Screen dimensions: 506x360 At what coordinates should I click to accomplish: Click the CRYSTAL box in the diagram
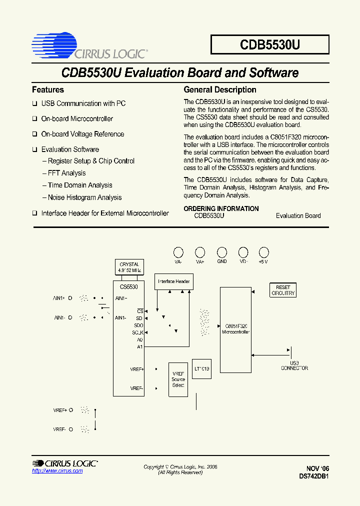[x=129, y=267]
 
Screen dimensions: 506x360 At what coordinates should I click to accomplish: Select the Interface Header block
[x=174, y=281]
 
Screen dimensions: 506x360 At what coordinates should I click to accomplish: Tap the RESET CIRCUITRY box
[x=283, y=290]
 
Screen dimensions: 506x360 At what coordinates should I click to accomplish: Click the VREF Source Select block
[x=178, y=379]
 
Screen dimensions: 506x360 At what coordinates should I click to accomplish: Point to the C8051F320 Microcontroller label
[x=236, y=328]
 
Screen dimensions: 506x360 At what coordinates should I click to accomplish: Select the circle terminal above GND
[x=221, y=252]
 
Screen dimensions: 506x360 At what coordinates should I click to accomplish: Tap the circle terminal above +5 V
[x=263, y=252]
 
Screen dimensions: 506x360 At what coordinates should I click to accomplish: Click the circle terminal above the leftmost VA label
[x=178, y=252]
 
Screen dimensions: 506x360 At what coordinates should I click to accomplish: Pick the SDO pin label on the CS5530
[x=138, y=325]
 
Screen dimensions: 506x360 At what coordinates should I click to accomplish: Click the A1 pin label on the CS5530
[x=139, y=346]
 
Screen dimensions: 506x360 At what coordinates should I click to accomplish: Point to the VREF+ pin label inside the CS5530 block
[x=136, y=369]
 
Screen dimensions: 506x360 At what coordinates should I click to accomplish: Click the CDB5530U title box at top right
[x=270, y=44]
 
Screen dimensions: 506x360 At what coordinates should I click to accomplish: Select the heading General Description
[x=220, y=90]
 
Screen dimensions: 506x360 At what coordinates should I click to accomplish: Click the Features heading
[x=48, y=90]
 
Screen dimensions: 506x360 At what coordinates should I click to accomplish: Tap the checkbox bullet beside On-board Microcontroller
[x=35, y=119]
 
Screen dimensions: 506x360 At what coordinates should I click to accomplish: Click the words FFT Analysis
[x=66, y=173]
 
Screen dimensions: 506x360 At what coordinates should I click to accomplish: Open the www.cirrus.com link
[x=50, y=471]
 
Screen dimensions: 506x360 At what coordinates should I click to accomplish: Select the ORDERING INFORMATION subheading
[x=221, y=208]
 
